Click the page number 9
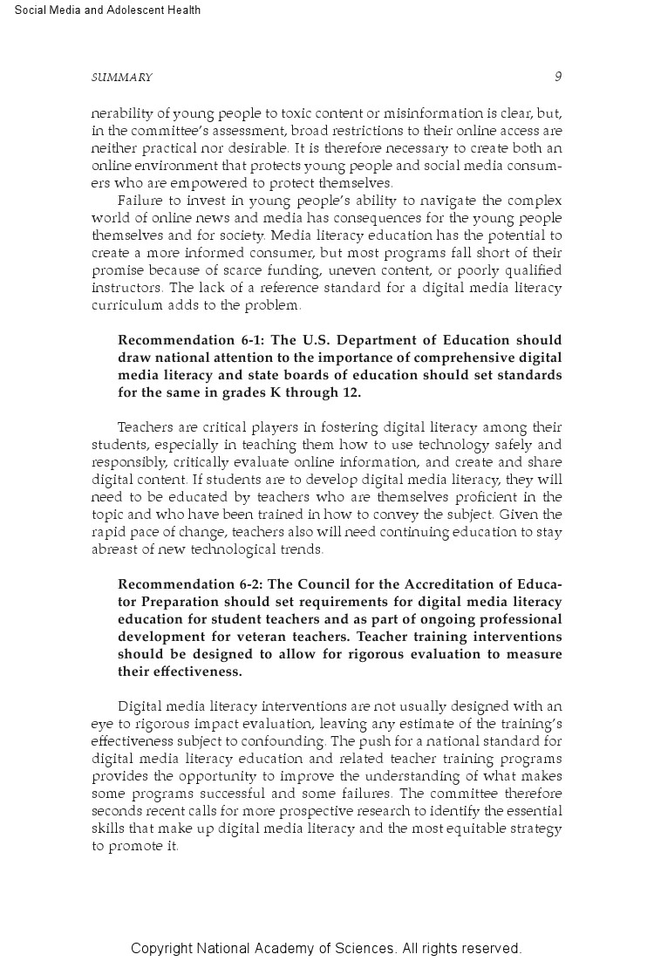coord(558,77)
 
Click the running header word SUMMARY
coord(121,78)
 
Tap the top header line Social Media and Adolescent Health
coord(108,10)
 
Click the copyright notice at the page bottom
coord(326,948)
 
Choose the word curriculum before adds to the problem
coord(127,305)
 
